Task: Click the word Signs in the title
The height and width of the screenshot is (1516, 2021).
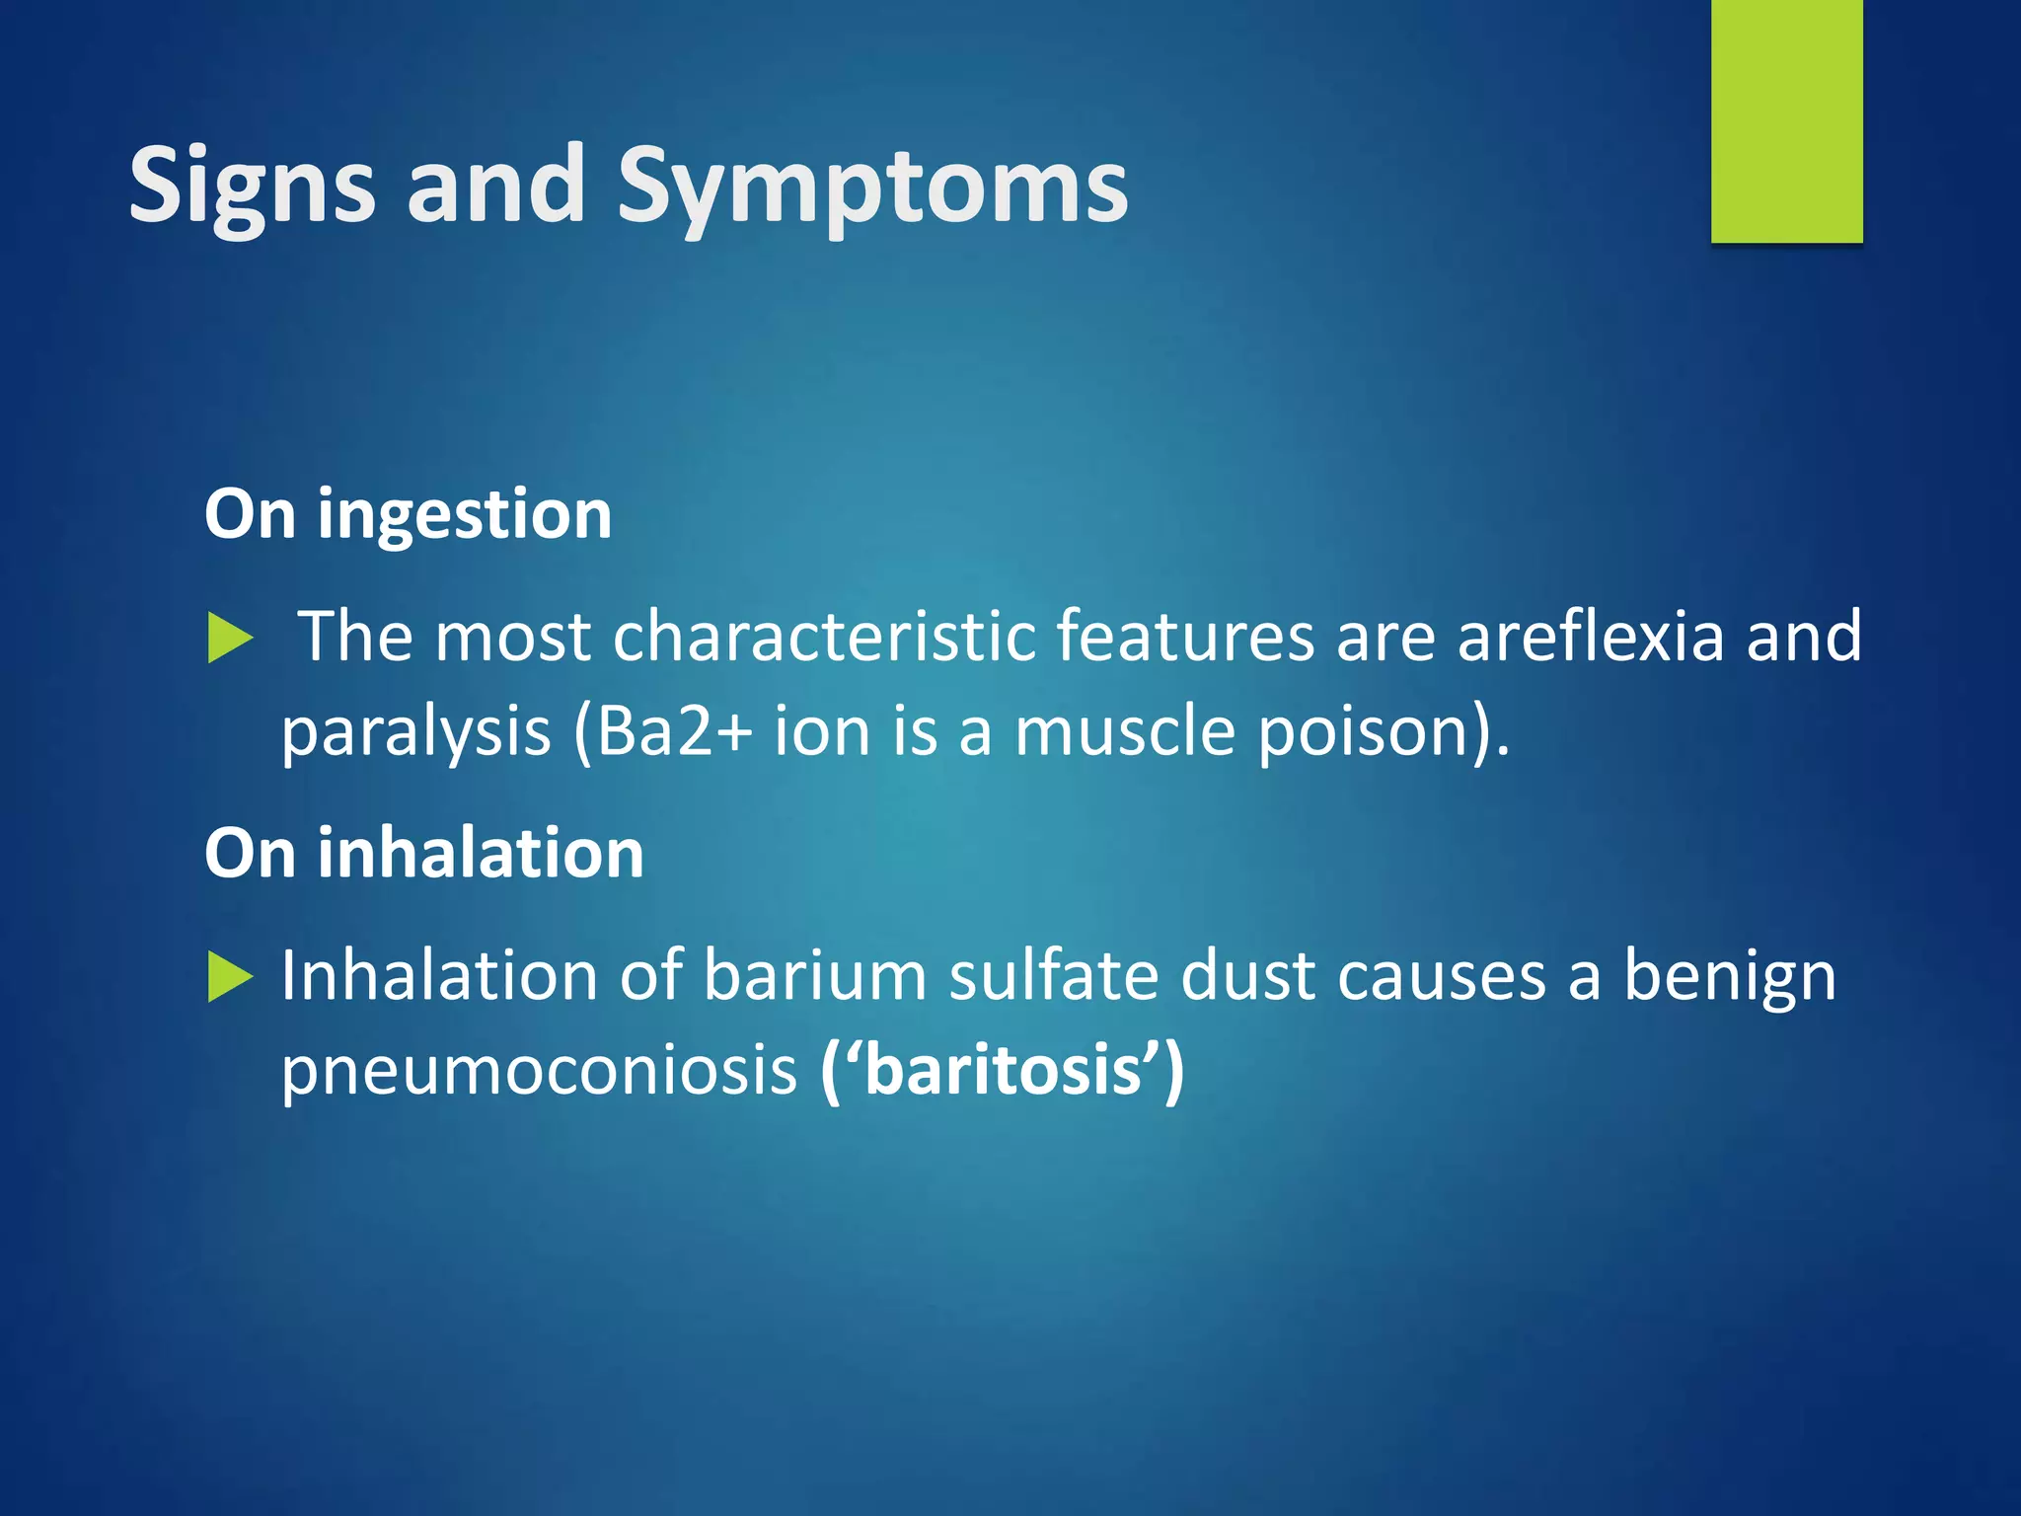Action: (x=252, y=186)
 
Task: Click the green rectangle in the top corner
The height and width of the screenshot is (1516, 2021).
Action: (x=1786, y=120)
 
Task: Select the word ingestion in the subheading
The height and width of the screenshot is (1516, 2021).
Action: (x=464, y=515)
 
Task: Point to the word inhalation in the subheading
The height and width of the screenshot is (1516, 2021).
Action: (x=480, y=854)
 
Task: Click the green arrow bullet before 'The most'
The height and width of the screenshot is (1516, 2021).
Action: (x=231, y=639)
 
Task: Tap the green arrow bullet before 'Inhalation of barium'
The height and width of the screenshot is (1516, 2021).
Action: (x=231, y=978)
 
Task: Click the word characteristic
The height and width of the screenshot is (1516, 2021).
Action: (x=824, y=637)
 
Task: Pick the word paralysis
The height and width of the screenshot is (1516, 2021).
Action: (x=415, y=732)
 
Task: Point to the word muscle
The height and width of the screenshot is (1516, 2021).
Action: (x=1125, y=732)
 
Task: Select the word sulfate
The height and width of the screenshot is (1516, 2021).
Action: (x=1054, y=976)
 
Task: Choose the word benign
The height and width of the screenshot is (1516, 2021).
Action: (x=1730, y=976)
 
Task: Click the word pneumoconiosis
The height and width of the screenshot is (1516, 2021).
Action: (x=539, y=1071)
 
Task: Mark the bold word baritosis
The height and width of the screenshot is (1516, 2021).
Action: (x=1003, y=1071)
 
